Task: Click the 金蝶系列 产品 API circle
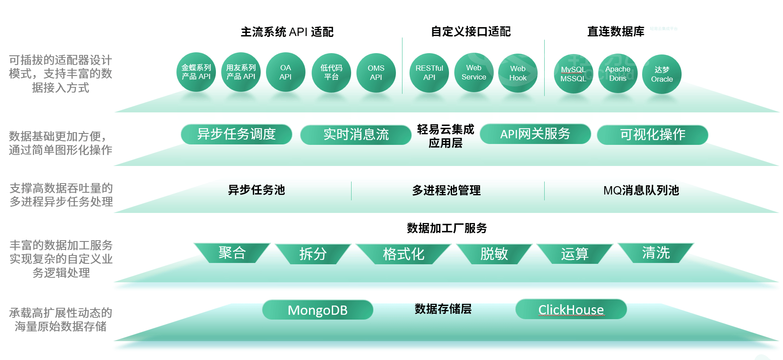coord(196,72)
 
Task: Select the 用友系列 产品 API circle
coord(241,72)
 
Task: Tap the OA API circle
coord(286,72)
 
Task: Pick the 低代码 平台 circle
coord(331,72)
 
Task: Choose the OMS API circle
coord(376,73)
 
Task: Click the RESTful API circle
coord(429,73)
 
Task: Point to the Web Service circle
coord(474,72)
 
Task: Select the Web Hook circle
coord(518,73)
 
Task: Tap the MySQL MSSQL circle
coord(574,74)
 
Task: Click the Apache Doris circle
coord(618,74)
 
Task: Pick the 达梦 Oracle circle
coord(662,74)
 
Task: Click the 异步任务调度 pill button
coord(237,134)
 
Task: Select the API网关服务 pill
coord(535,134)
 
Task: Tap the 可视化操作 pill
coord(653,135)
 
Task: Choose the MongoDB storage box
coord(318,310)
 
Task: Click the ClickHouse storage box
coord(571,309)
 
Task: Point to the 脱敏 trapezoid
coord(494,254)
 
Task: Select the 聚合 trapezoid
coord(232,253)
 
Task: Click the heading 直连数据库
coord(616,32)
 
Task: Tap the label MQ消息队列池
coord(641,190)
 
